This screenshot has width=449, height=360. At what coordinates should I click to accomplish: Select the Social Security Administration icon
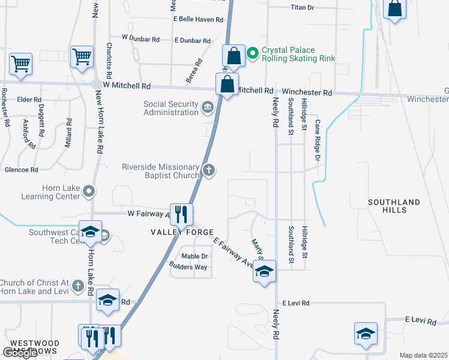pyautogui.click(x=208, y=108)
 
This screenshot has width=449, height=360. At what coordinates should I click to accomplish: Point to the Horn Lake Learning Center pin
pyautogui.click(x=89, y=192)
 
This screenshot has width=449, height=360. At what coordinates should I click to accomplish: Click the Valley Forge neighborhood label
pyautogui.click(x=182, y=232)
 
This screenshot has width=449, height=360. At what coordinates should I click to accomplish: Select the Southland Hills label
pyautogui.click(x=394, y=206)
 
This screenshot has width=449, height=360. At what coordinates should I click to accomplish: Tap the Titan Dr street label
pyautogui.click(x=302, y=7)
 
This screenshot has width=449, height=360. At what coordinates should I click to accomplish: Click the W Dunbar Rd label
pyautogui.click(x=140, y=38)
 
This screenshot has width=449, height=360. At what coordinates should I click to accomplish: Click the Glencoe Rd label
pyautogui.click(x=22, y=170)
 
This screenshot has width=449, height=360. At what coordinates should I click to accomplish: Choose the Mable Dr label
pyautogui.click(x=194, y=256)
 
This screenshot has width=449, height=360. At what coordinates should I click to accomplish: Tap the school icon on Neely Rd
pyautogui.click(x=264, y=272)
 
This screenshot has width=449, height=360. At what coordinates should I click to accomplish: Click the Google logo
pyautogui.click(x=20, y=353)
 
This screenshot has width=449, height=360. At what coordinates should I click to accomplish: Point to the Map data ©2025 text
pyautogui.click(x=423, y=355)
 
